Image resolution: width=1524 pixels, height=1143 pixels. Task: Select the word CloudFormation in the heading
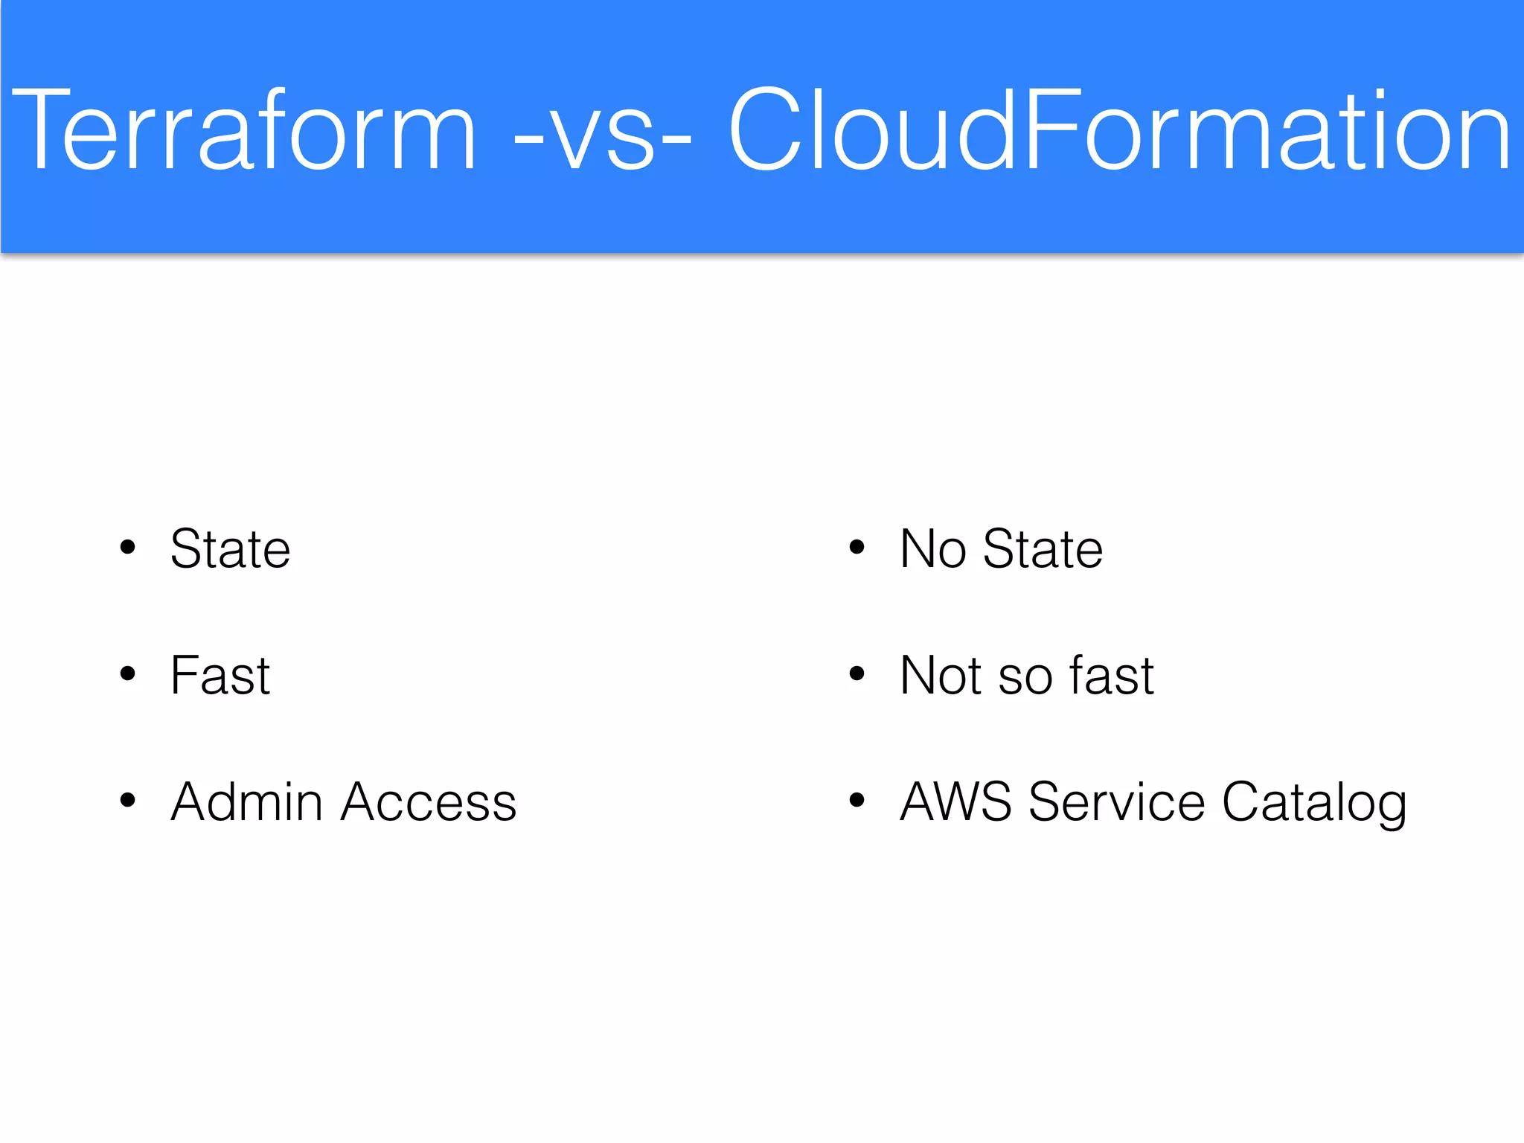(x=1119, y=130)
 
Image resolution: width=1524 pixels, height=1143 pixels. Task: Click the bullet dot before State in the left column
(x=128, y=548)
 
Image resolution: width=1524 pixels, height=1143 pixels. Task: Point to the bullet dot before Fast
(x=128, y=674)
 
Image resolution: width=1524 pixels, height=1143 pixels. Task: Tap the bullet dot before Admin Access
(x=128, y=801)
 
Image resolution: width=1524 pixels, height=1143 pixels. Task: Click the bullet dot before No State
(x=857, y=548)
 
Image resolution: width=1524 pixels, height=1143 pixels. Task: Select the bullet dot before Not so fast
(x=857, y=674)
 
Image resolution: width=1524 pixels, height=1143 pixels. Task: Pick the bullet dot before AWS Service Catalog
(x=857, y=801)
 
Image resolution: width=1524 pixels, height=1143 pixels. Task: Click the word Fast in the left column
(x=220, y=676)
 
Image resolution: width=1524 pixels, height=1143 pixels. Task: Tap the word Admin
(x=246, y=802)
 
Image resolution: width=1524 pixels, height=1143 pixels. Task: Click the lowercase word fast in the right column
(x=1111, y=676)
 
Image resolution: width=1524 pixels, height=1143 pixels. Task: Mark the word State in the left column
(x=231, y=549)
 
